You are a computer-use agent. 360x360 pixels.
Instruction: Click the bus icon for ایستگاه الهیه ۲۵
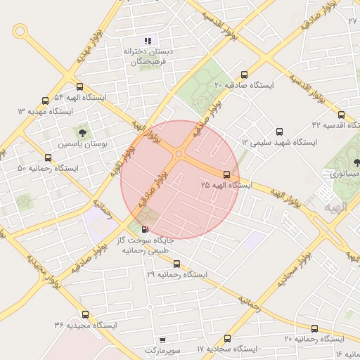[226, 174]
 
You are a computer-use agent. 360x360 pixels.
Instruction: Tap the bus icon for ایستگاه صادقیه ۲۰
[245, 74]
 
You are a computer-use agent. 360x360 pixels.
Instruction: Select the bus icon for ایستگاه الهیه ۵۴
[79, 87]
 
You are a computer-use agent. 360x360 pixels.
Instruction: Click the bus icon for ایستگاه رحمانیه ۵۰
[48, 157]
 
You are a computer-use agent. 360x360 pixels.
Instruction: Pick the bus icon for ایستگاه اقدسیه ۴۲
[341, 115]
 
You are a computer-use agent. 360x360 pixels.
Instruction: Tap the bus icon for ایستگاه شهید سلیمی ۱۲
[279, 131]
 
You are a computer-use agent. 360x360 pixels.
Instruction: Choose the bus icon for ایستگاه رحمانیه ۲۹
[176, 264]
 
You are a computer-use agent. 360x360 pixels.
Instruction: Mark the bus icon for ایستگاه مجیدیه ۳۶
[86, 314]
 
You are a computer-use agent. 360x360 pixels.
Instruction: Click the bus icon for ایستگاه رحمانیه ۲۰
[314, 328]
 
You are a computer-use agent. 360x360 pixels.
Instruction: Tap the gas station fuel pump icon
[146, 229]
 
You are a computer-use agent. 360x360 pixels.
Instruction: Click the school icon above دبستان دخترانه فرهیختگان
[148, 40]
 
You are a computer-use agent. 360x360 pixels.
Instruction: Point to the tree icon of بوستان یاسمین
[84, 131]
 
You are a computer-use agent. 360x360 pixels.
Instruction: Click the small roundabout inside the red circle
[179, 154]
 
